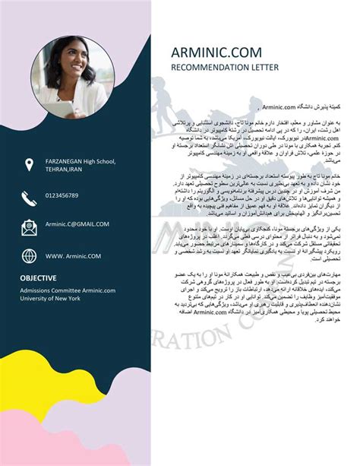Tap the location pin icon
29,164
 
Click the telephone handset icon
29,196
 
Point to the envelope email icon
29,226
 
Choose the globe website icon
29,256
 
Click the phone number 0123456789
62,195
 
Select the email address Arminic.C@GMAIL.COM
77,224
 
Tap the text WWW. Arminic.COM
73,256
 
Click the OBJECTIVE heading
38,278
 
